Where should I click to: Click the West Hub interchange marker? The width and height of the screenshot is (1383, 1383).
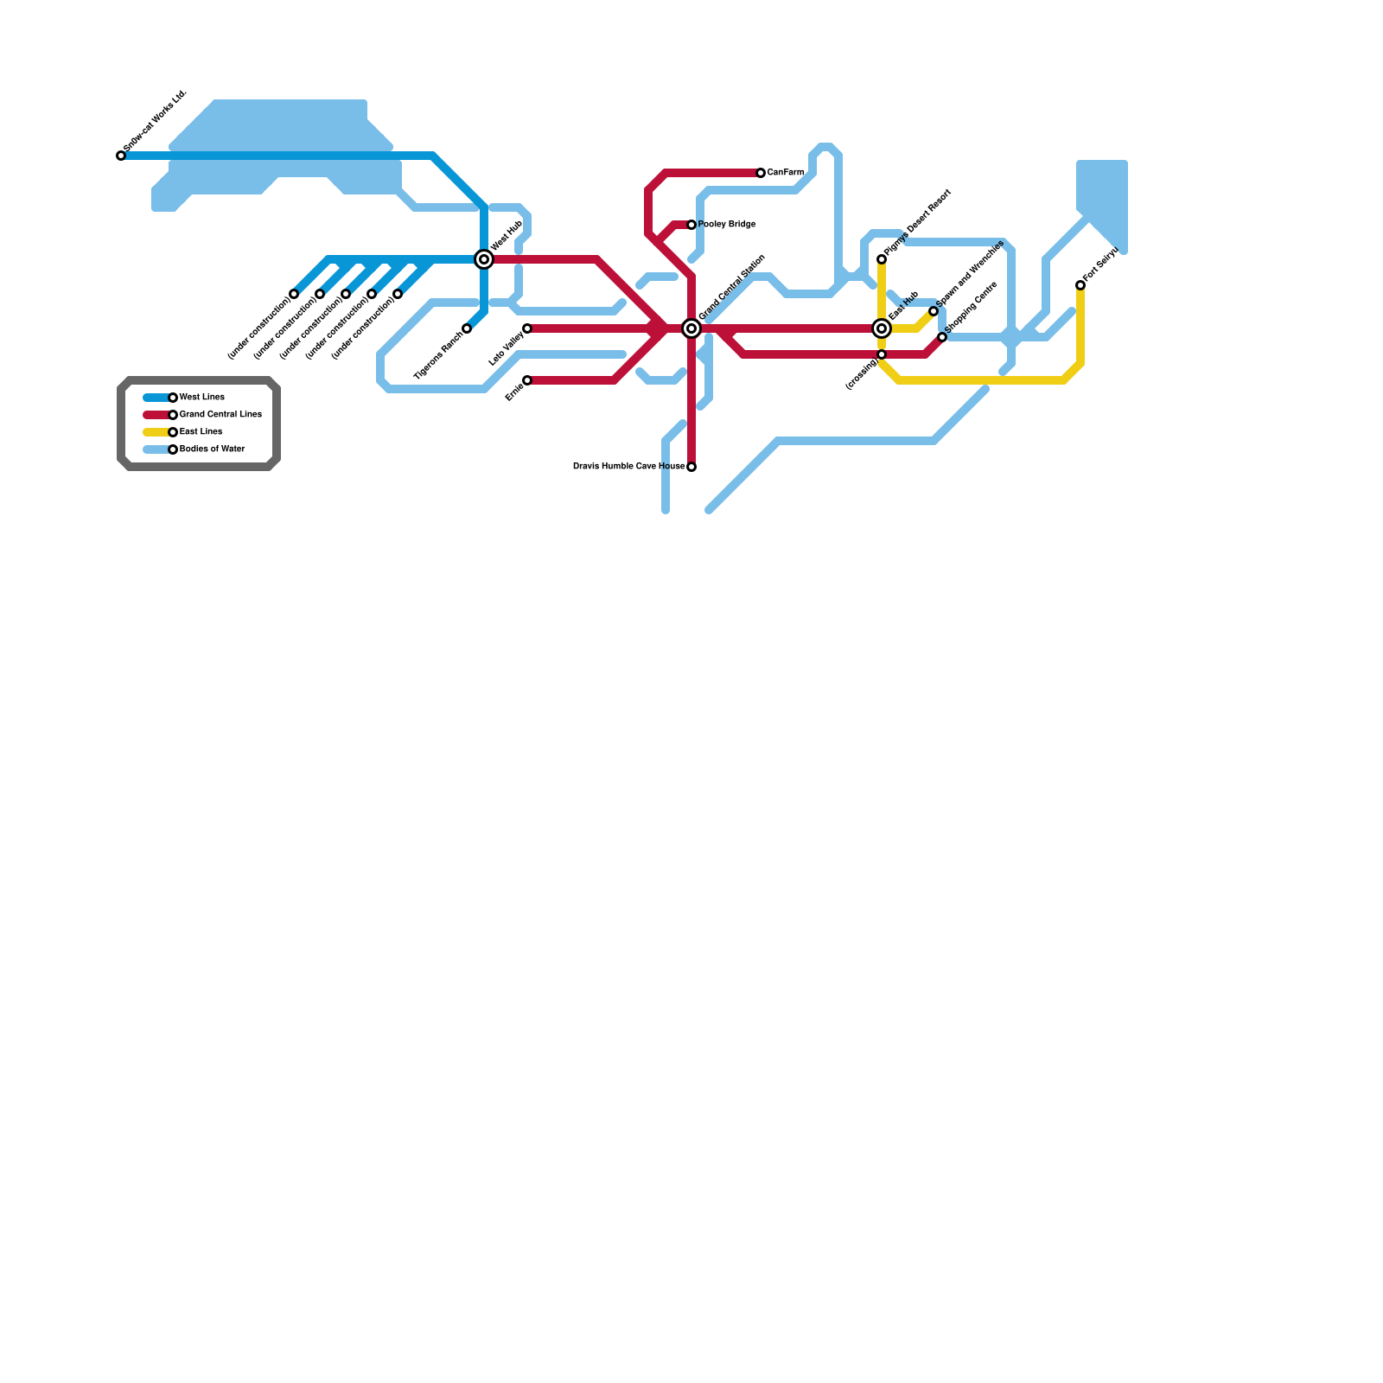484,259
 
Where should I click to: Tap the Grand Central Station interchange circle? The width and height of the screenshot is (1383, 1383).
691,328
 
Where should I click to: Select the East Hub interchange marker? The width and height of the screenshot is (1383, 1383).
882,328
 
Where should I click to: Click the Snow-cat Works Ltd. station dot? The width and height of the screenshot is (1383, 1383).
121,156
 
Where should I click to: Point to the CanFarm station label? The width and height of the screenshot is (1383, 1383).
786,173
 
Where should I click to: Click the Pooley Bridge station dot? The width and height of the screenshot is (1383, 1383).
691,225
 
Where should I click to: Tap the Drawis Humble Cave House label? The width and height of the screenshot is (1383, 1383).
628,467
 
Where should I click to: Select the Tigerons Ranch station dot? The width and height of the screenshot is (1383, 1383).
467,328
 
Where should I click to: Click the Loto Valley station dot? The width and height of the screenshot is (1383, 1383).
527,328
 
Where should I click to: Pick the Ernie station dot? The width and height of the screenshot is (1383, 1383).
527,380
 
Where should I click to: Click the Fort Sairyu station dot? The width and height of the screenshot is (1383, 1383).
1080,285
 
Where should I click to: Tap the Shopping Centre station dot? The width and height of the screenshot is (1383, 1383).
942,337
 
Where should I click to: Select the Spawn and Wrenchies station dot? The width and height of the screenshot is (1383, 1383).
934,311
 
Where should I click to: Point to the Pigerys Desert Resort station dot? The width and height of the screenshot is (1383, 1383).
882,259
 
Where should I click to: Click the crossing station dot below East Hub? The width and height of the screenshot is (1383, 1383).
882,354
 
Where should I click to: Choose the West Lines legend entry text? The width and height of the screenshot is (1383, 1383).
202,398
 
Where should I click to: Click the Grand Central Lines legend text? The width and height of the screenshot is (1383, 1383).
220,415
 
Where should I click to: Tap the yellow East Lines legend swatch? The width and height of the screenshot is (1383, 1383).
156,432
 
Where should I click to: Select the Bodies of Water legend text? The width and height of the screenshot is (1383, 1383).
213,449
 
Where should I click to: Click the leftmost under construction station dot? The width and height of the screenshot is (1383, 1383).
294,294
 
